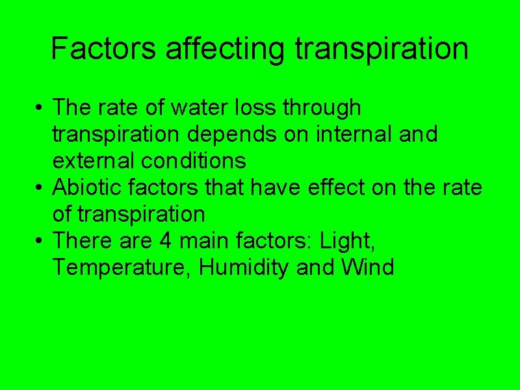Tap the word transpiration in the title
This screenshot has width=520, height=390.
(382, 48)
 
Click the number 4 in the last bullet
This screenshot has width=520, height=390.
(165, 240)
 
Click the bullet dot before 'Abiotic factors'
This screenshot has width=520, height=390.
(40, 188)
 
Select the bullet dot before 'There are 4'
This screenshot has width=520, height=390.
(40, 242)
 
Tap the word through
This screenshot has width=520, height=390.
(322, 108)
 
